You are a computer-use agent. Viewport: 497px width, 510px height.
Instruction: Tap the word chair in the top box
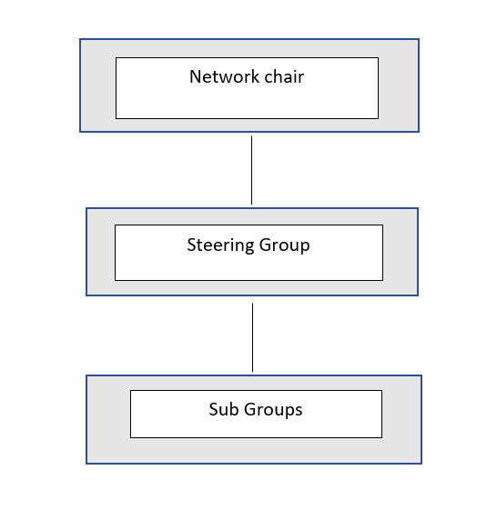(281, 77)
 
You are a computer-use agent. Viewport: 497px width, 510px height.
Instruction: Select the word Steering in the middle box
(217, 245)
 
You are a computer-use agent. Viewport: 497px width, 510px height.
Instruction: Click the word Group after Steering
(285, 245)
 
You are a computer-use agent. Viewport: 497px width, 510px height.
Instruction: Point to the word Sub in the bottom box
(224, 410)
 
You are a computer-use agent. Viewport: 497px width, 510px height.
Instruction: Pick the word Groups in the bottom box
(273, 410)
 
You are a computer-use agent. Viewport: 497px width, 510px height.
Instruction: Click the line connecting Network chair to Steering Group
(251, 169)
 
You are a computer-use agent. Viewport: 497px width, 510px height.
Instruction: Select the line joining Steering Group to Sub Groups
(252, 336)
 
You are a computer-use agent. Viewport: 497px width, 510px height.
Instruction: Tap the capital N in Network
(195, 77)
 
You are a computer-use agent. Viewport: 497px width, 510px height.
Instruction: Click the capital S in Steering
(191, 245)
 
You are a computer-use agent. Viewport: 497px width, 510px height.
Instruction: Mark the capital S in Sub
(214, 410)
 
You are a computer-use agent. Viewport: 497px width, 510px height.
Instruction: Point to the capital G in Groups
(249, 410)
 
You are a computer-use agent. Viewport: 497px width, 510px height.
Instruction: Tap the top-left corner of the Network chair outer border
(80, 39)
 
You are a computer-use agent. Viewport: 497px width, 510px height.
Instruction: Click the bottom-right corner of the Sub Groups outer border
(421, 464)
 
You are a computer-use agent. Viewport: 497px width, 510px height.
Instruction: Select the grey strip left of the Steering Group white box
(100, 252)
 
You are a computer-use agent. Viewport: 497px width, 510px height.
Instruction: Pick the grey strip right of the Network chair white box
(398, 87)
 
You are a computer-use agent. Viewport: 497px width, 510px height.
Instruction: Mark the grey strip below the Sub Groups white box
(255, 450)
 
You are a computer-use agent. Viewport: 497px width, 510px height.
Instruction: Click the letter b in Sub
(234, 410)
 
